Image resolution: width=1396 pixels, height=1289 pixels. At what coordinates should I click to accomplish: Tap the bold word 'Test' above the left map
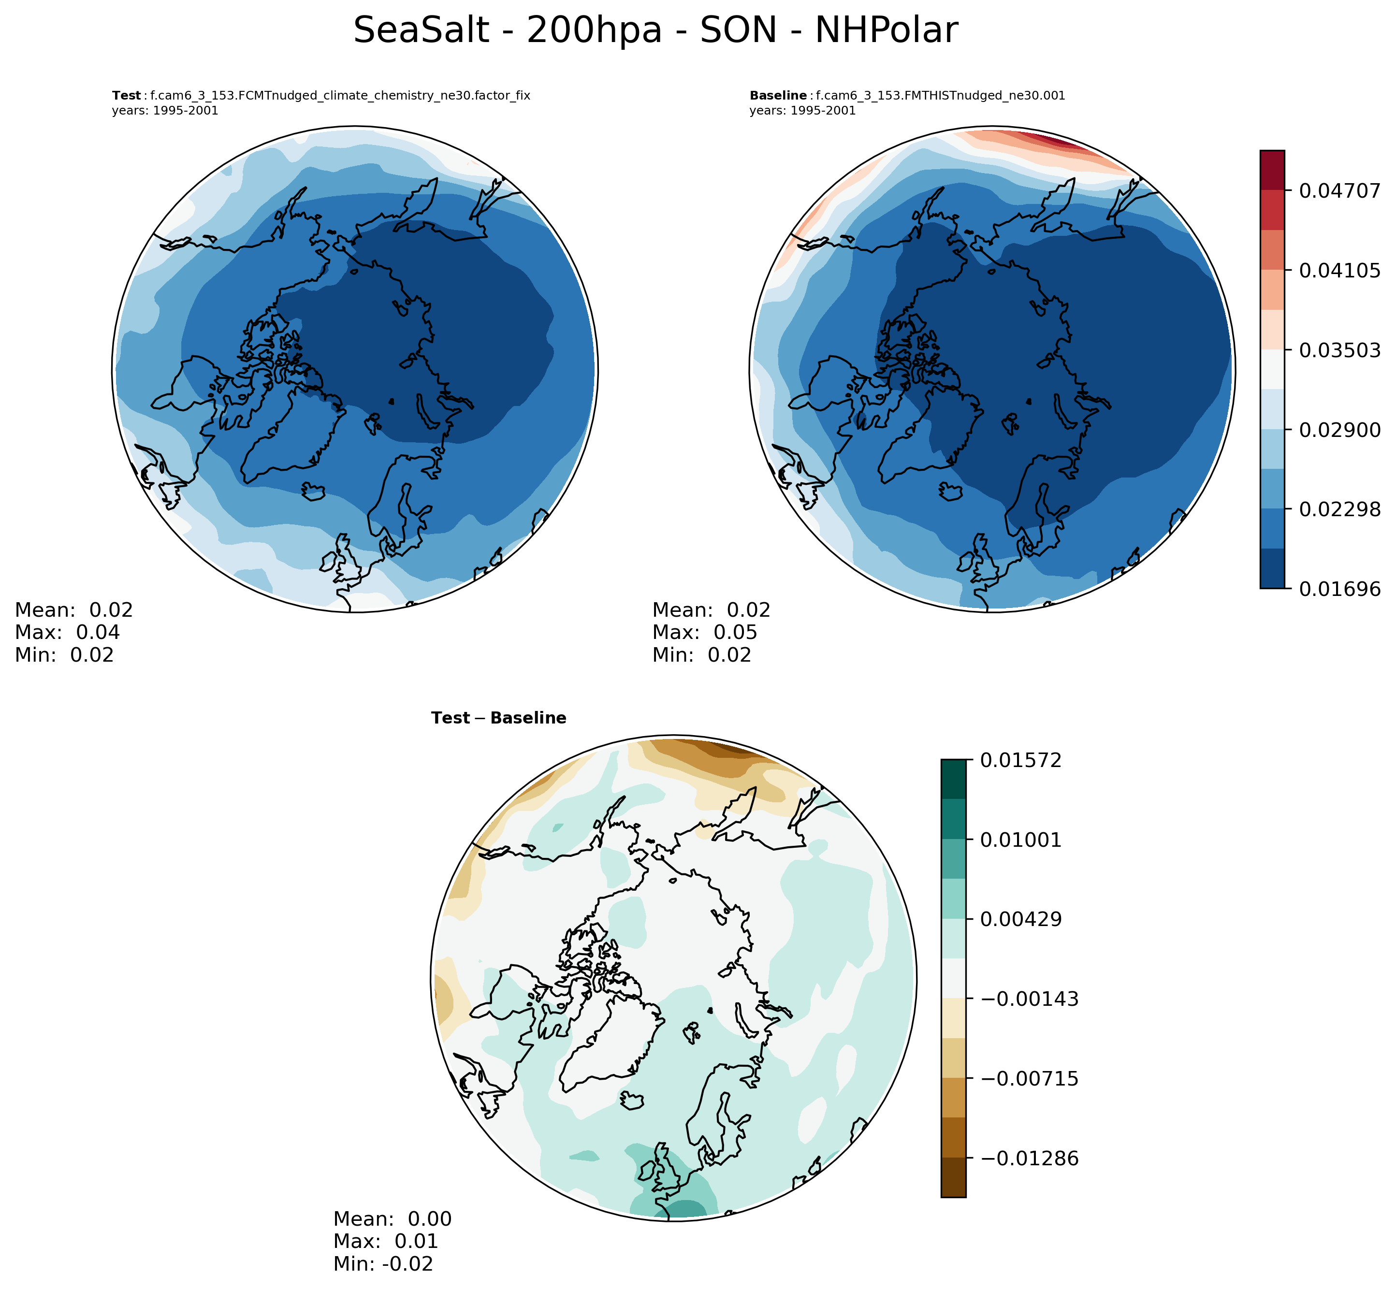[126, 96]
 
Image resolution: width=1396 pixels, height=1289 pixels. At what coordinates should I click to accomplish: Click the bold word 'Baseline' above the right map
[778, 96]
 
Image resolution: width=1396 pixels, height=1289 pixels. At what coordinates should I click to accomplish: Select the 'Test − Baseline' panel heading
[498, 718]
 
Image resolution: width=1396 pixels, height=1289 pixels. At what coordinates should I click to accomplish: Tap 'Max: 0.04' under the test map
[67, 633]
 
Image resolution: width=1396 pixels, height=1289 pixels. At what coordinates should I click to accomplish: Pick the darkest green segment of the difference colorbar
[953, 779]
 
